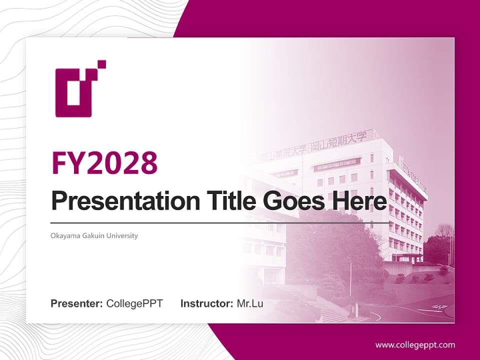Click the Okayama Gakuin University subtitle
point(94,235)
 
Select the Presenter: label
point(77,303)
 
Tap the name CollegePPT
point(134,303)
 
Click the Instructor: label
point(207,303)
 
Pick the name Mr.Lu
point(249,303)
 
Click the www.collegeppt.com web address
point(415,345)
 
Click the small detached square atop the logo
point(101,64)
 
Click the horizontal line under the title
point(220,222)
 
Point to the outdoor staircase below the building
point(320,305)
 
